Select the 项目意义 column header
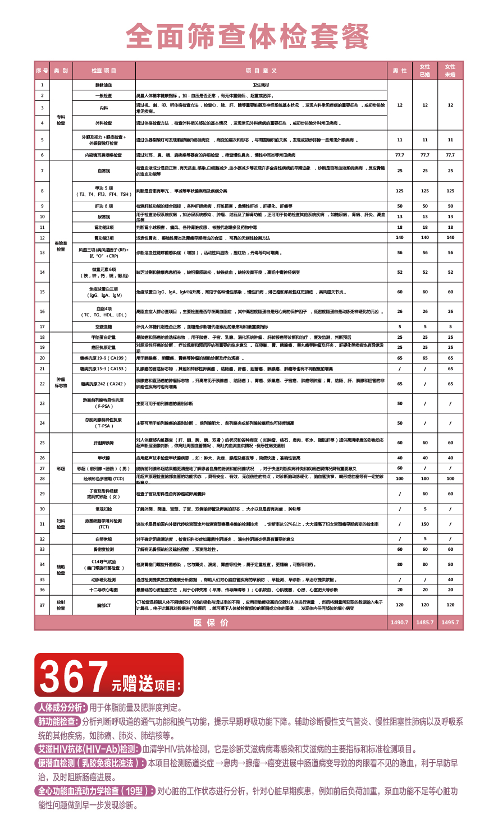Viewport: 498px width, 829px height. click(261, 71)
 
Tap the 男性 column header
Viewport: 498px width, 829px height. click(400, 71)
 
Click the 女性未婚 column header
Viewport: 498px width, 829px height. click(450, 71)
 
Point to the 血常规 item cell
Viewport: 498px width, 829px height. click(104, 171)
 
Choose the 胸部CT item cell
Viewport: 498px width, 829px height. click(104, 605)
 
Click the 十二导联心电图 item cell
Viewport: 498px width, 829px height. click(104, 590)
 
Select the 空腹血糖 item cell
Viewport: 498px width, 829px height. click(104, 326)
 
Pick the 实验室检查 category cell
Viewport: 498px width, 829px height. click(61, 246)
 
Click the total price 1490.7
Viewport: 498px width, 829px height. click(400, 623)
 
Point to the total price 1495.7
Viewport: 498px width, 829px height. click(450, 623)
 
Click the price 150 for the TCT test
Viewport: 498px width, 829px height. click(425, 524)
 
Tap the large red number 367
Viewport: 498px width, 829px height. click(73, 676)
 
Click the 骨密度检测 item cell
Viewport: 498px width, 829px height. click(104, 549)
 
